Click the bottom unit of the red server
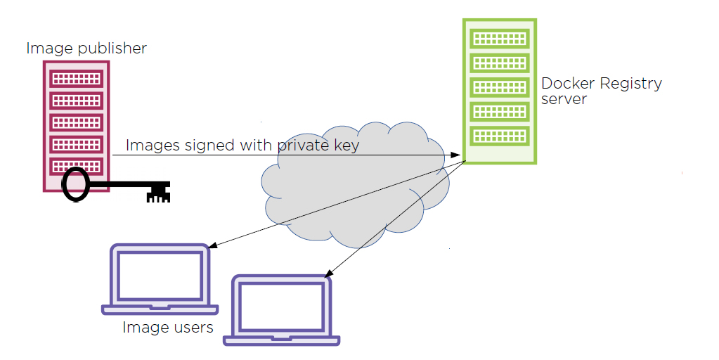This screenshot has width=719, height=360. click(x=75, y=167)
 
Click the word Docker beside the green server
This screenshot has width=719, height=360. click(x=569, y=84)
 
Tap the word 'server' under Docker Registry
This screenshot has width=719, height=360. click(x=564, y=99)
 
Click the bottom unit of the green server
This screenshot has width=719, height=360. click(x=499, y=135)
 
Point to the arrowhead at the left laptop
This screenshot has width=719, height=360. click(x=212, y=246)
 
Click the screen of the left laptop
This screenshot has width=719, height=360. click(x=161, y=275)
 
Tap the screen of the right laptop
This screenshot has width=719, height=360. click(x=282, y=307)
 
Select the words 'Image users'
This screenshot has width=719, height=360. click(x=168, y=327)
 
